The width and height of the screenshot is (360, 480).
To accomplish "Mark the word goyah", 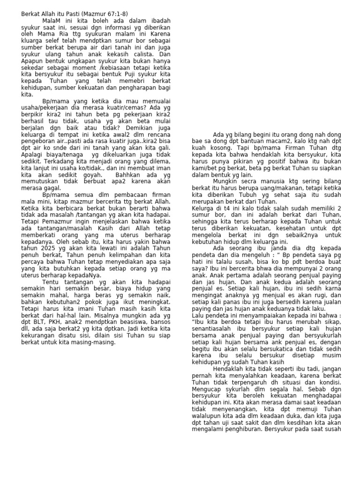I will (92, 174).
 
